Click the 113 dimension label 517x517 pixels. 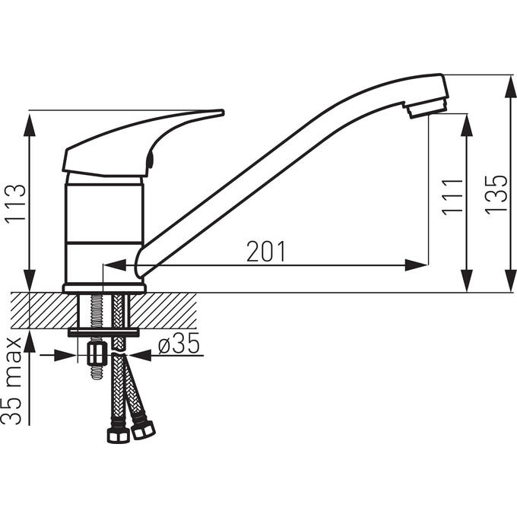15,204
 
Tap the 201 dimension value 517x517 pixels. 266,251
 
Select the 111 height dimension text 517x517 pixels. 452,198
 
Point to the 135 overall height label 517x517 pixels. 496,195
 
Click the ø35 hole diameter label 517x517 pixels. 179,343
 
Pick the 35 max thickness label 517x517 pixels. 11,381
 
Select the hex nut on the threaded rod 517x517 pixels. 97,353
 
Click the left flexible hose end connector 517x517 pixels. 119,435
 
